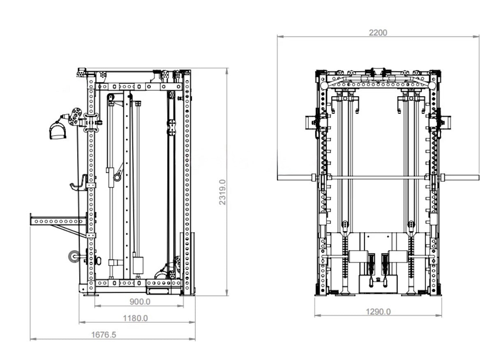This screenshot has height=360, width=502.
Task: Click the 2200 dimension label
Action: [377, 32]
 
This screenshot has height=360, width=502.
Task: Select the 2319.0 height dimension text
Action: [222, 192]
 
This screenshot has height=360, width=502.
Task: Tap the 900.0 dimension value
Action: [140, 302]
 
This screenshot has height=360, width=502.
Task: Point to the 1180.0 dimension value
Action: [135, 318]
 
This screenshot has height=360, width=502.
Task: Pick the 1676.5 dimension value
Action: [104, 335]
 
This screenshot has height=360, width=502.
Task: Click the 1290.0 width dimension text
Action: [378, 312]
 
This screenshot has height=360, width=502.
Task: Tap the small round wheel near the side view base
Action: [74, 256]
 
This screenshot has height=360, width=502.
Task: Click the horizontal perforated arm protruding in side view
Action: [58, 221]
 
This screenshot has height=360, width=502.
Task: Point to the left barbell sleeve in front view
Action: [294, 178]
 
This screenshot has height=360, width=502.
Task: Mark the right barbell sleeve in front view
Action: [462, 178]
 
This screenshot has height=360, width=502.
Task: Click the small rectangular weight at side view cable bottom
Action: [138, 265]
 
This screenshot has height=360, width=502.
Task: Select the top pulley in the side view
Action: [110, 97]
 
